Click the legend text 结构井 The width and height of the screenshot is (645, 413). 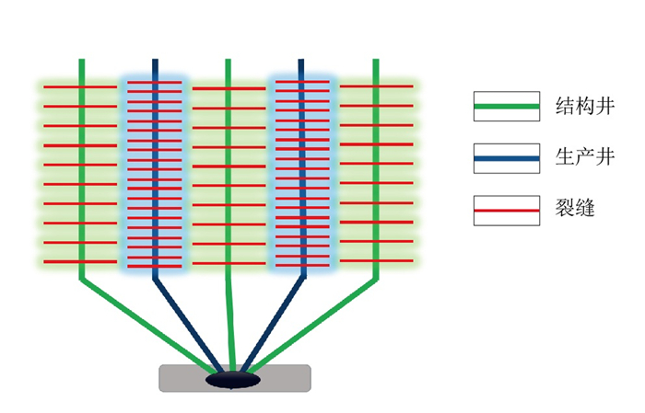(576, 105)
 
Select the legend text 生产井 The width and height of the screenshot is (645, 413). (576, 157)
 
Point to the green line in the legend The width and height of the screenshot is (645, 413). (506, 107)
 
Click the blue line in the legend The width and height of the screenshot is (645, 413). (506, 159)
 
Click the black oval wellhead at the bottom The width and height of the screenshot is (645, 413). (233, 378)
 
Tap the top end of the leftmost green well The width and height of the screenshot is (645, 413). (82, 62)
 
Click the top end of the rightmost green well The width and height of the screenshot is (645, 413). (376, 62)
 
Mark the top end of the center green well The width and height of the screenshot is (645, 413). (229, 62)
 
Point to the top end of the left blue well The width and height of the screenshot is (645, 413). (155, 62)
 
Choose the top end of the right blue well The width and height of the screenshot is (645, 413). (301, 62)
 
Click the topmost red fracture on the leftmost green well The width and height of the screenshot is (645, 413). (82, 87)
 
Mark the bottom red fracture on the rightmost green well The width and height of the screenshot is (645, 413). (376, 261)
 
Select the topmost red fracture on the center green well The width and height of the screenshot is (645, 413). (229, 88)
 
